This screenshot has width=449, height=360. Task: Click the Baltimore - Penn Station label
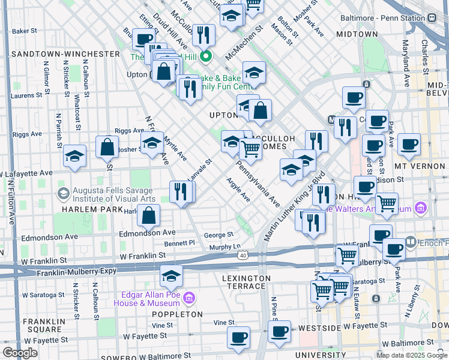(382, 18)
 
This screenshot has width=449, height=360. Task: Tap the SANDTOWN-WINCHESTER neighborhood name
(65, 54)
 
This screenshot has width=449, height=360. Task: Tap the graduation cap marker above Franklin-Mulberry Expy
(171, 276)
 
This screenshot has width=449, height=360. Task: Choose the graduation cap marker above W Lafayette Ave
(74, 157)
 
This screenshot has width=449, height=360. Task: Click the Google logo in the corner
(20, 353)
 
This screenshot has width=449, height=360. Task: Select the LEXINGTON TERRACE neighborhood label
(246, 278)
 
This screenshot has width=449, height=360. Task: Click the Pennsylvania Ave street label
(258, 184)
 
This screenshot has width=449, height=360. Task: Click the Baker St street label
(25, 30)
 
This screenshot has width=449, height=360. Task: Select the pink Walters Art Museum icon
(420, 209)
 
